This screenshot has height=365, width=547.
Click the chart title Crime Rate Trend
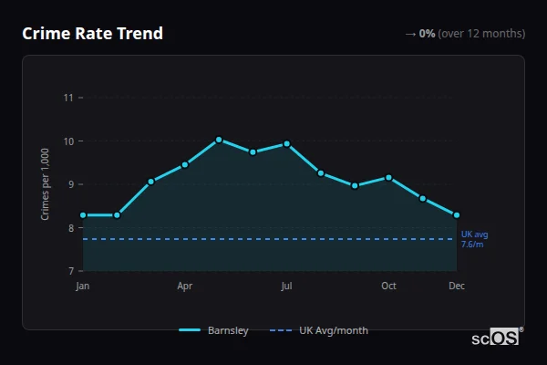pyautogui.click(x=92, y=34)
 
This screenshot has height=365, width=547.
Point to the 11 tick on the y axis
pyautogui.click(x=67, y=98)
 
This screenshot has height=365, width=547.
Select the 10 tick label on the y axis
pyautogui.click(x=67, y=141)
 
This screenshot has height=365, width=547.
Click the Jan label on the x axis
pyautogui.click(x=83, y=287)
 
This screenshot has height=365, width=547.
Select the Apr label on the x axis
pyautogui.click(x=185, y=287)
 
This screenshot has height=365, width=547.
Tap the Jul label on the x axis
pyautogui.click(x=286, y=287)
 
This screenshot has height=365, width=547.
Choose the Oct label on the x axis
pyautogui.click(x=388, y=287)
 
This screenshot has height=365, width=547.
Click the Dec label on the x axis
pyautogui.click(x=457, y=287)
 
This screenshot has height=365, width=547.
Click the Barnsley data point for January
pyautogui.click(x=83, y=215)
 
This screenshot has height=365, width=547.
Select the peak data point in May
pyautogui.click(x=219, y=140)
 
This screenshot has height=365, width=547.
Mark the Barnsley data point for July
pyautogui.click(x=286, y=143)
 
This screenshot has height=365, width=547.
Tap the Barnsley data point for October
pyautogui.click(x=388, y=177)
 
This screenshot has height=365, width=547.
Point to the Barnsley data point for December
pyautogui.click(x=457, y=215)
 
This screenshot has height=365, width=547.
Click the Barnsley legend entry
pyautogui.click(x=214, y=330)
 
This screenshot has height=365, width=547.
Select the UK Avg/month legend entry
pyautogui.click(x=320, y=330)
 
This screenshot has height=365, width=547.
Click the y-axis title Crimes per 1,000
pyautogui.click(x=46, y=184)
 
